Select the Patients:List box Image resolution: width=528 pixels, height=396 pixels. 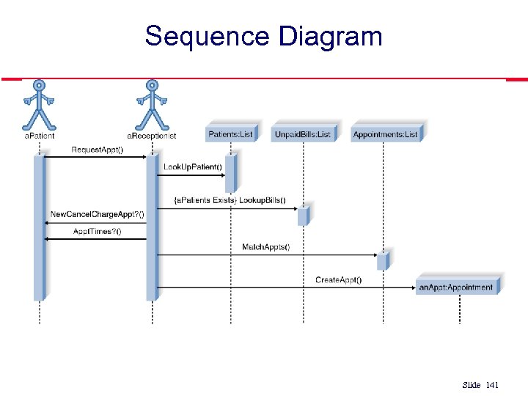[231, 133]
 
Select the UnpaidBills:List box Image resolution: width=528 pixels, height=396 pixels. [303, 133]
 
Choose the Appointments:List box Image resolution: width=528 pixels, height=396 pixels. [386, 133]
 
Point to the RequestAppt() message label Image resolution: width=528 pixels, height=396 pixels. [97, 150]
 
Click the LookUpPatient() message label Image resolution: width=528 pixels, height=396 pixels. [192, 167]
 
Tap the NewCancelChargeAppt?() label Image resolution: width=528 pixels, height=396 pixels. [97, 214]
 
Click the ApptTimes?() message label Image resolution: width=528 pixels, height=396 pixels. [97, 231]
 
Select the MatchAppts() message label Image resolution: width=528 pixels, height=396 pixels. [265, 247]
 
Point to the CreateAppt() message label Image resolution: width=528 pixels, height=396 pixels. [338, 279]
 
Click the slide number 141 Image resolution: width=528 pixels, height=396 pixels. [491, 385]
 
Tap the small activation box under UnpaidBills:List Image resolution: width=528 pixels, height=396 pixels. [302, 216]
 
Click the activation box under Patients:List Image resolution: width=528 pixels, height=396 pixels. [230, 174]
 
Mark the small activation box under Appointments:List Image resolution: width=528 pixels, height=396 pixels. [382, 261]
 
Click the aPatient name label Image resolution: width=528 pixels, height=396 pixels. [39, 136]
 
